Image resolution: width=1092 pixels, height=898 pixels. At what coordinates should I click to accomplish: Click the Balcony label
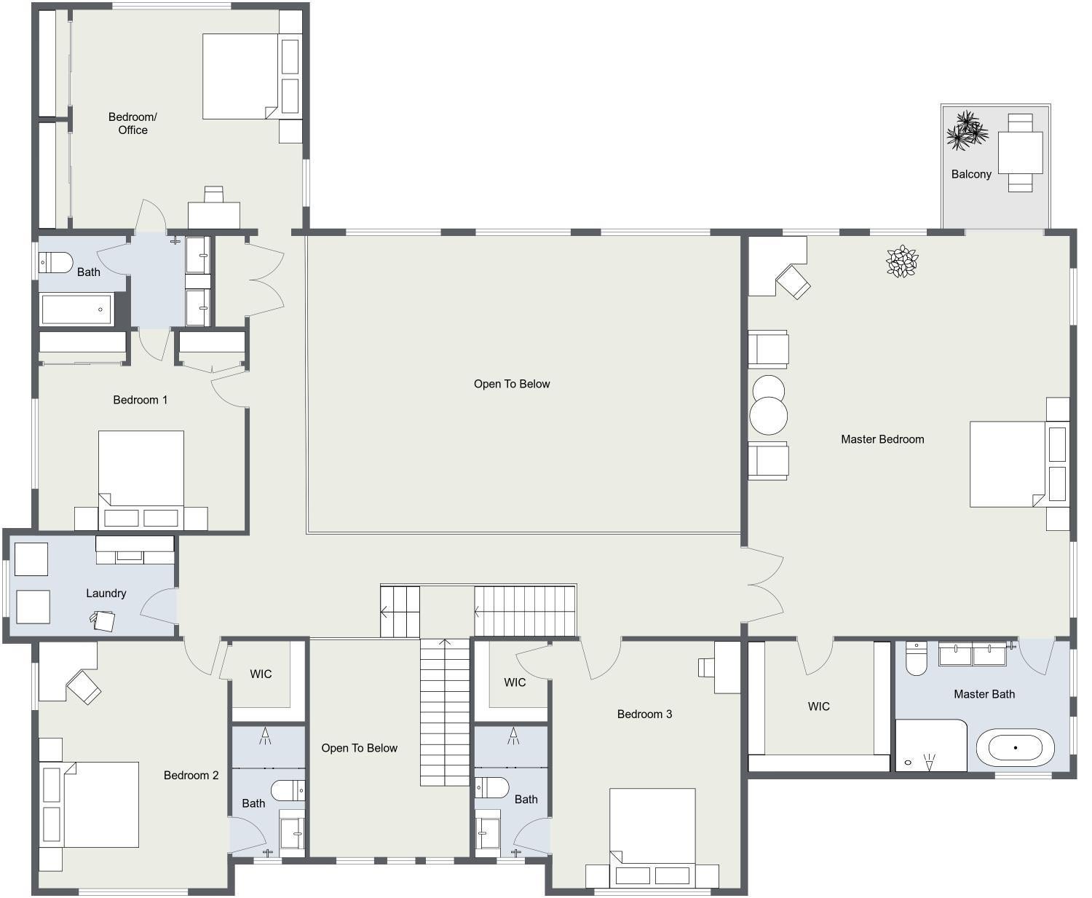(971, 174)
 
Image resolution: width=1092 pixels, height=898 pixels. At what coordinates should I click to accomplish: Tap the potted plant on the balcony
(967, 131)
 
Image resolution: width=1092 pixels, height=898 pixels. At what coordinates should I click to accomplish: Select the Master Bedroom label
(882, 439)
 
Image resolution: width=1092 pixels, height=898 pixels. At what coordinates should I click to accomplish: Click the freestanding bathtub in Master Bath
(1015, 748)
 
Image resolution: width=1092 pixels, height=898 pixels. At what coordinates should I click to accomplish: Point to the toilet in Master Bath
(916, 659)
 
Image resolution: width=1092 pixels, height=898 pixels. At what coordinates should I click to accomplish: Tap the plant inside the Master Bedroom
(902, 261)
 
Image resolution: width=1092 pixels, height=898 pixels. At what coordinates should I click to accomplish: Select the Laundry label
(106, 593)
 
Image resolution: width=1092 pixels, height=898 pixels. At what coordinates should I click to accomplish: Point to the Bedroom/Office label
(132, 123)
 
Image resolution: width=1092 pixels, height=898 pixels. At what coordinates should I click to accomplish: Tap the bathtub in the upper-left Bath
(77, 310)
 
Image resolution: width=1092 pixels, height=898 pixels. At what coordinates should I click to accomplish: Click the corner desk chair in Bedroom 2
(84, 687)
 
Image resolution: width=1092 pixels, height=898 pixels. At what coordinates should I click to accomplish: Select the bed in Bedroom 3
(652, 830)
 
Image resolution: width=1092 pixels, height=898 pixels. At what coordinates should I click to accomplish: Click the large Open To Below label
(512, 384)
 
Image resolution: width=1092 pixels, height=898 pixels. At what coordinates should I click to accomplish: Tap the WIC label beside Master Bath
(818, 706)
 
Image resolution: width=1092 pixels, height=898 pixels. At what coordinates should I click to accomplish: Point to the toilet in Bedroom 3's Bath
(492, 787)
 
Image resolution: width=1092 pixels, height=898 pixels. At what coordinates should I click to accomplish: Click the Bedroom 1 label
(141, 400)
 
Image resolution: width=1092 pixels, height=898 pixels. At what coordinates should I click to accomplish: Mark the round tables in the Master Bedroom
(768, 404)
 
